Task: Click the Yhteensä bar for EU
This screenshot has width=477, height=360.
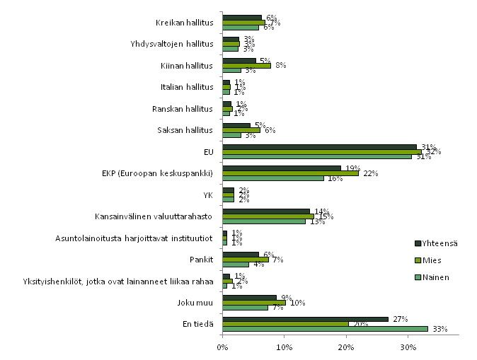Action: (x=319, y=146)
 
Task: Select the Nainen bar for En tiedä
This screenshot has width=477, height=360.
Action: (x=325, y=329)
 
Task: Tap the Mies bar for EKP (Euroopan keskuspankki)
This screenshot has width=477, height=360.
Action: (x=290, y=173)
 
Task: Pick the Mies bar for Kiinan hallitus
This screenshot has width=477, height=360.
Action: (x=246, y=66)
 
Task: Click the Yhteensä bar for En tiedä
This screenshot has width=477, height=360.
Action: (x=305, y=319)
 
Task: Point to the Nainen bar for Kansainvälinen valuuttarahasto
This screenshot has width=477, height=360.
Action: (x=263, y=221)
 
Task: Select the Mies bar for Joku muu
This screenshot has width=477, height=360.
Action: (x=253, y=302)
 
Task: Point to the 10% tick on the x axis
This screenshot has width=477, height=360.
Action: (x=284, y=336)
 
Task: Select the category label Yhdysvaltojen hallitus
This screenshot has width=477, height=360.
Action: (x=172, y=45)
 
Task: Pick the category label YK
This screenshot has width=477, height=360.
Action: (x=208, y=195)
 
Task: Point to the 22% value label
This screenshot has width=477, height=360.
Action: (x=369, y=174)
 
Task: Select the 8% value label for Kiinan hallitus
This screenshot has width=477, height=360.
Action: (x=280, y=66)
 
